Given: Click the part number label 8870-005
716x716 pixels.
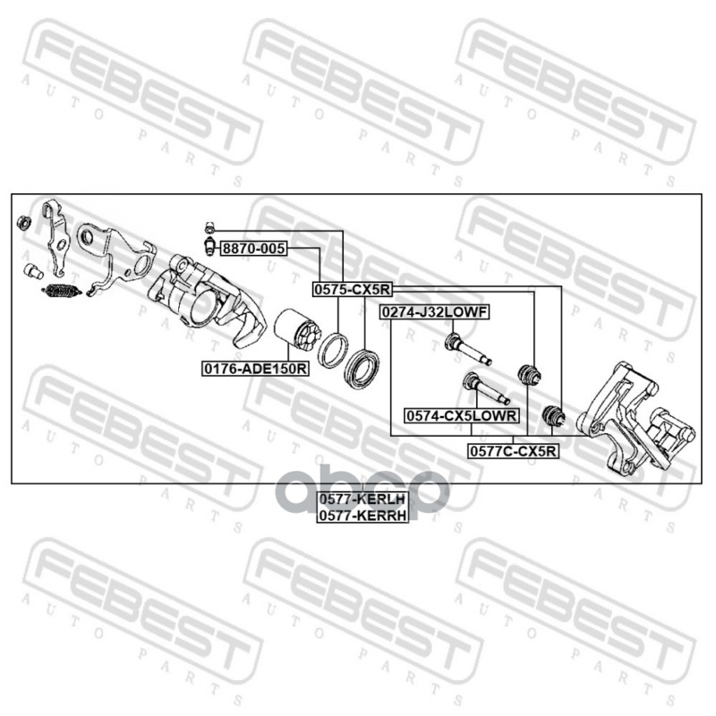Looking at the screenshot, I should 253,250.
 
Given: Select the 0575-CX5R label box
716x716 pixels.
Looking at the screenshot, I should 351,290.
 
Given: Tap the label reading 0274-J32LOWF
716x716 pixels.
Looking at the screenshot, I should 433,312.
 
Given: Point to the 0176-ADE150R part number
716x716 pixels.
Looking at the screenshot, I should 254,368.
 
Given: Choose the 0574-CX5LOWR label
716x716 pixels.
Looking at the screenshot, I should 462,416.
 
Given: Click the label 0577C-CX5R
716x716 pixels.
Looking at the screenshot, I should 513,452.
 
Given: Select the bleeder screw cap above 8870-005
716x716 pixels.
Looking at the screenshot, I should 209,226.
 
